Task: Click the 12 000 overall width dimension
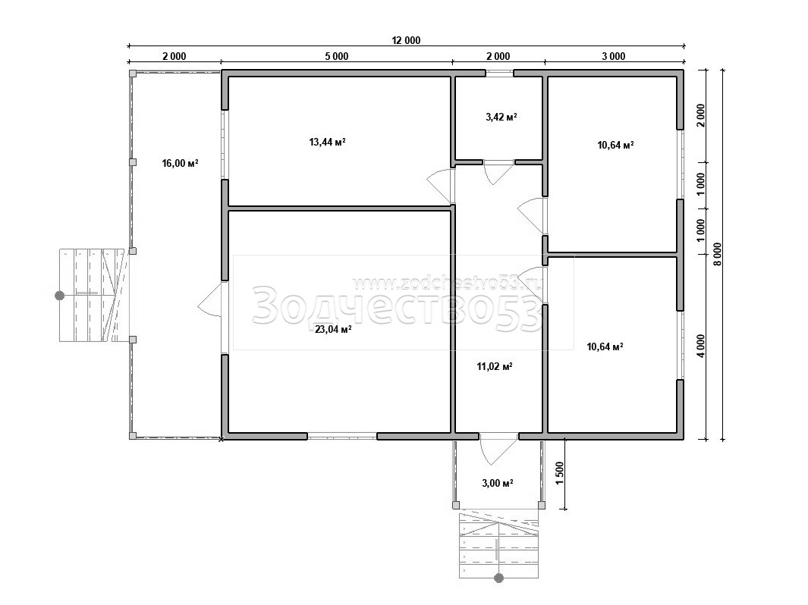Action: [406, 41]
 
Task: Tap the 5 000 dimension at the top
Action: [337, 56]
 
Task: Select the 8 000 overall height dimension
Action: [717, 254]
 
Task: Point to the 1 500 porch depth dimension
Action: [560, 473]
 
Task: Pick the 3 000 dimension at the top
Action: [614, 56]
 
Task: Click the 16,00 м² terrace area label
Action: [181, 164]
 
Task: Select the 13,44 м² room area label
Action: [327, 142]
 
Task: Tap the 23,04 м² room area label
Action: [333, 329]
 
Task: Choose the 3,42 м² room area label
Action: [501, 117]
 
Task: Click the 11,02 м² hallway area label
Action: [494, 367]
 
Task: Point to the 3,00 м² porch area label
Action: [497, 483]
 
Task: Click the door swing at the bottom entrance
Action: [497, 449]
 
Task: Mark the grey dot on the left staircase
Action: [60, 296]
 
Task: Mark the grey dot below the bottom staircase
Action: [498, 578]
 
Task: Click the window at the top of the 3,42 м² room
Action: [499, 73]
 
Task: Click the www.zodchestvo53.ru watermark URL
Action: [448, 283]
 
